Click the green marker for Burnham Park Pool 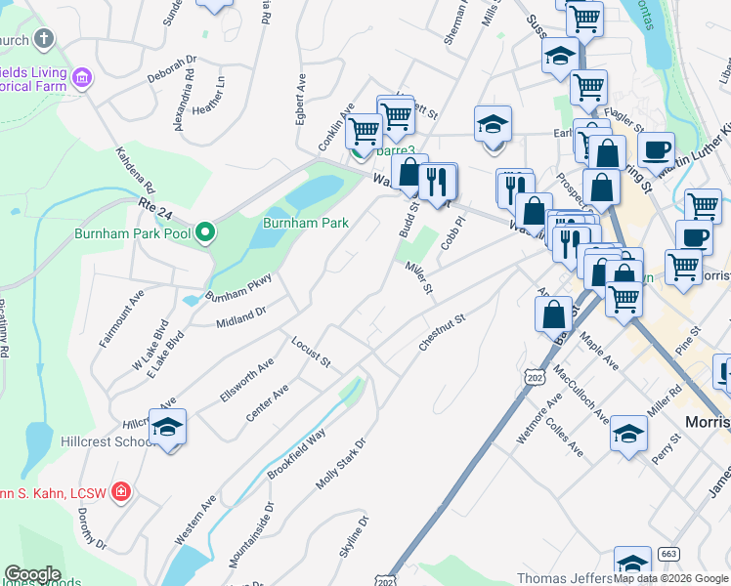[204, 232]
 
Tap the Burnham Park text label [306, 223]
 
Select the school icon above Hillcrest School [167, 428]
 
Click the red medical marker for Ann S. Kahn [120, 491]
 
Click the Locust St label [311, 352]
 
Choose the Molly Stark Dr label [339, 464]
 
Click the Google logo [32, 574]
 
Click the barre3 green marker [359, 151]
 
